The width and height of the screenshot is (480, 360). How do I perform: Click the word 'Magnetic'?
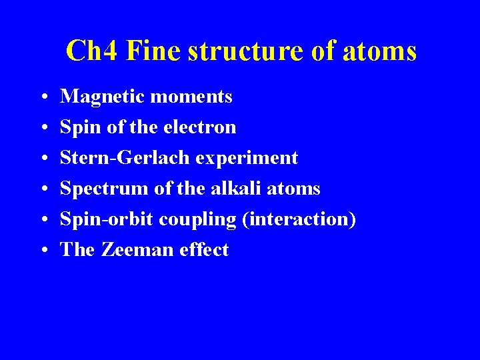(103, 97)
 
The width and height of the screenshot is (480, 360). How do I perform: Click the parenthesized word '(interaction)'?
(299, 219)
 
